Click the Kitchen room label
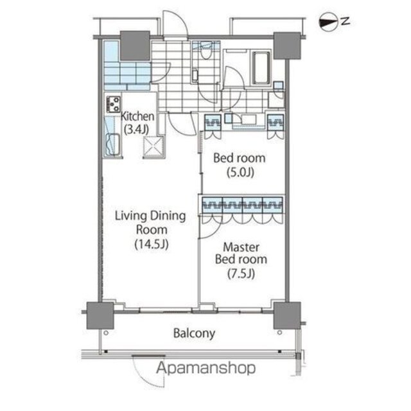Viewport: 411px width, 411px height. [x=137, y=117]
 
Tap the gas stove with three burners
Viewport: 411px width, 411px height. [x=113, y=104]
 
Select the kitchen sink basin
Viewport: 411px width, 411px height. [x=113, y=144]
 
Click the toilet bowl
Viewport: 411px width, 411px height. [x=205, y=52]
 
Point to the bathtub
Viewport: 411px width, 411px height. [x=261, y=67]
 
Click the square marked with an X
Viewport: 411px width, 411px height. [x=153, y=147]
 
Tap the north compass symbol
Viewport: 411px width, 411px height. [x=328, y=22]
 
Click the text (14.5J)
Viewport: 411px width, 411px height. [x=152, y=244]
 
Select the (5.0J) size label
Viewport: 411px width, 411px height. [x=240, y=173]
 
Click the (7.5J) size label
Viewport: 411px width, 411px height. [x=241, y=274]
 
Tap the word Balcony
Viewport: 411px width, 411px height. [x=194, y=333]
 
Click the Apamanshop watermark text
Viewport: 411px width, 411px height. [x=206, y=368]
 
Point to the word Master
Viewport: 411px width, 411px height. [x=241, y=247]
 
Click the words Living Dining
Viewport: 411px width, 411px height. [x=150, y=216]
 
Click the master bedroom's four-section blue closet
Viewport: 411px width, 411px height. [x=243, y=205]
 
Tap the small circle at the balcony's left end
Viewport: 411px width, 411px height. [x=106, y=333]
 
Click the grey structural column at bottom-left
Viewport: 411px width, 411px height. [x=100, y=315]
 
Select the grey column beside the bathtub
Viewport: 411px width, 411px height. [x=287, y=46]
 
